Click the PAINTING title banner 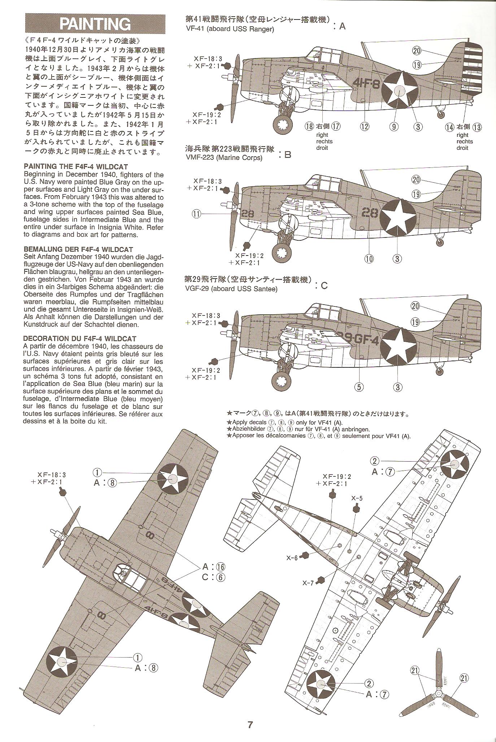click(95, 24)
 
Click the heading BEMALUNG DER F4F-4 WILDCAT click(78, 249)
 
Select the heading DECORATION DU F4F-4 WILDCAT click(79, 339)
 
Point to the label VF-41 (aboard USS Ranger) click(229, 29)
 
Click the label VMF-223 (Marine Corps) click(223, 157)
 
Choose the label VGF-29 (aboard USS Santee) click(231, 289)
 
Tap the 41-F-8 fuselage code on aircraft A click(365, 84)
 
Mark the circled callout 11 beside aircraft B click(196, 214)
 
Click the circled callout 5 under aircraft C click(359, 387)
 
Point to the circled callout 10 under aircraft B click(369, 258)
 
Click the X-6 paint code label click(292, 558)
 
